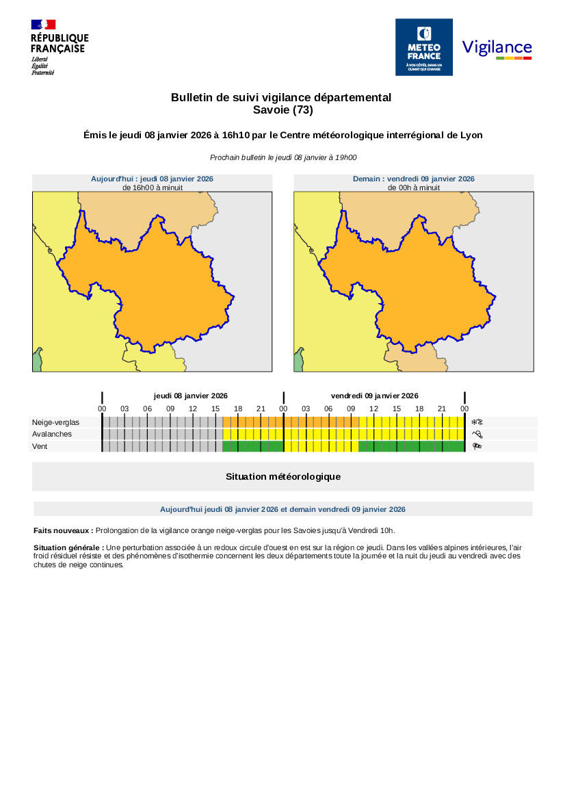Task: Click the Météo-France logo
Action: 424,47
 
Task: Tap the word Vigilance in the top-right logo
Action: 497,47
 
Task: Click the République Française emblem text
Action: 60,43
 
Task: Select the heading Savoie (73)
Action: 282,109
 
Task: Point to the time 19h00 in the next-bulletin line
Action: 344,157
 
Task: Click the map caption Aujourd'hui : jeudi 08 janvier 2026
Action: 152,179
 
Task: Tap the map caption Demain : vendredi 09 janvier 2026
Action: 413,179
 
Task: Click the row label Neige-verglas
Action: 55,422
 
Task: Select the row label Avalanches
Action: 51,434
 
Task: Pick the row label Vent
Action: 40,446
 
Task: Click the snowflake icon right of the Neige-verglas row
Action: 477,422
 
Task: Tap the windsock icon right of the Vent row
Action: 477,446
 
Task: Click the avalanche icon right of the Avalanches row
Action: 477,434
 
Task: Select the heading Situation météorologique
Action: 282,476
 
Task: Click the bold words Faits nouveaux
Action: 63,530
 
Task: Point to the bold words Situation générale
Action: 68,547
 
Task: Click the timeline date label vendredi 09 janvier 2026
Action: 374,396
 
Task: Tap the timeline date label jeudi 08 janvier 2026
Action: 190,396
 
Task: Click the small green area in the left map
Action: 37,361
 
